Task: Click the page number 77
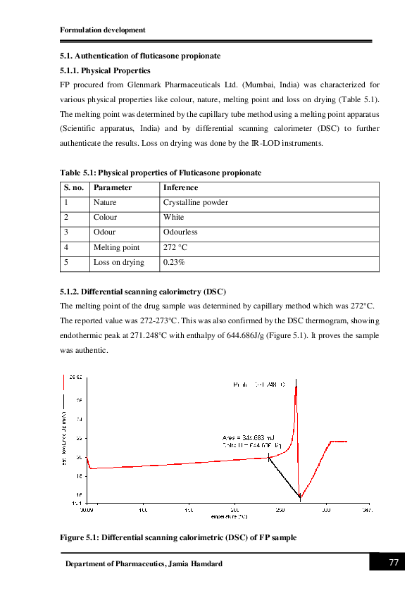(x=394, y=563)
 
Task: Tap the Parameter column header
(x=113, y=188)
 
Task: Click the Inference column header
(x=180, y=188)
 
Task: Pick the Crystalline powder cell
(x=195, y=203)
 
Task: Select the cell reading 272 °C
(x=175, y=247)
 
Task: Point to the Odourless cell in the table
(x=180, y=232)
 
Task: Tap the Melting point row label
(x=116, y=247)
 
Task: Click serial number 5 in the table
(x=65, y=262)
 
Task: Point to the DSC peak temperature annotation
(x=259, y=385)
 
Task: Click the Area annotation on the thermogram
(x=242, y=438)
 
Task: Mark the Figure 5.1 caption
(x=178, y=537)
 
